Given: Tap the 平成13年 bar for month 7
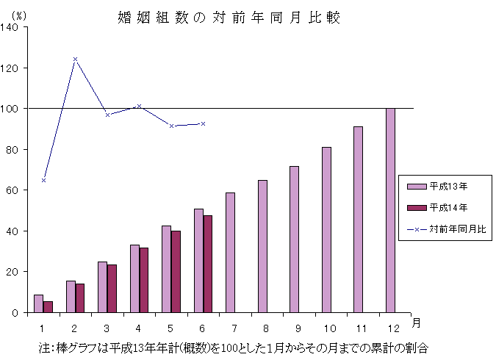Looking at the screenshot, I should [x=230, y=253].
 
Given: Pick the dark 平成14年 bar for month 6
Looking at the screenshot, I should [x=208, y=264].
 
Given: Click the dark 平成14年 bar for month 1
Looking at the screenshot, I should [x=48, y=307].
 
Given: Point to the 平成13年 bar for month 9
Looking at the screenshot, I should [x=294, y=240].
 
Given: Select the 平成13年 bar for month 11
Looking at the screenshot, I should [x=358, y=220].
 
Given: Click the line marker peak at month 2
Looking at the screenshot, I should [x=75, y=59].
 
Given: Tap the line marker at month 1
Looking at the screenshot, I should [x=43, y=180].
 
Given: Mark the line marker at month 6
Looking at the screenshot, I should [x=203, y=123].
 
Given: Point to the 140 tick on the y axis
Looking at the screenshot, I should [x=12, y=27].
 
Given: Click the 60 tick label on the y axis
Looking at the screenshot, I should [x=15, y=190].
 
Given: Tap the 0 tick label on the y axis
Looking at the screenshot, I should [x=18, y=313].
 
